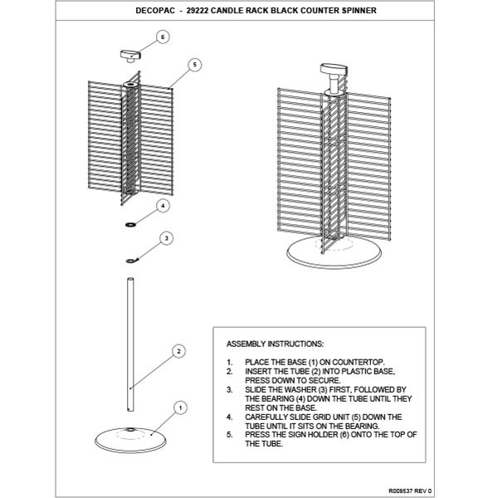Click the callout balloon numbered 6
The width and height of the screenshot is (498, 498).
coord(162,37)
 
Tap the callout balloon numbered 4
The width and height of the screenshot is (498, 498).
coord(163,204)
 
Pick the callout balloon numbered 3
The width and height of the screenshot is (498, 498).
coord(167,238)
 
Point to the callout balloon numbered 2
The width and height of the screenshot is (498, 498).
coord(178,351)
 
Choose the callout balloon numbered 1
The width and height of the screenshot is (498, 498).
coord(180,407)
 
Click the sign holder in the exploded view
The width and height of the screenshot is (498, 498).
coord(129,56)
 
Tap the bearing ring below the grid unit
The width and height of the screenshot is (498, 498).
coord(130,225)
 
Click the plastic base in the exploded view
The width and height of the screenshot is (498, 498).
coord(129,434)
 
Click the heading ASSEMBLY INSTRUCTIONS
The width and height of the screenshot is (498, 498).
coord(275,343)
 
